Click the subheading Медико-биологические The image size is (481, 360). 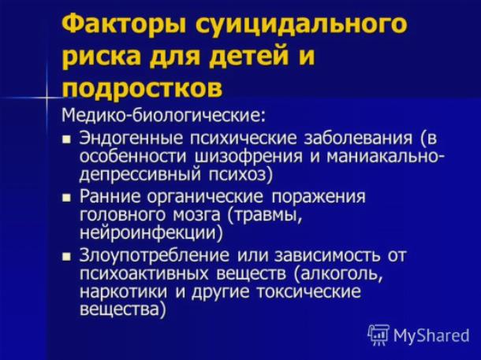164,115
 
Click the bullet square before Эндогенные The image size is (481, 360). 66,140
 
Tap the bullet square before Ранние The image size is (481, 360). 66,198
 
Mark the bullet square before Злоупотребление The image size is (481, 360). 66,256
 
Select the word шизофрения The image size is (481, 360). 249,157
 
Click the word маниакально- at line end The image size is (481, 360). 385,156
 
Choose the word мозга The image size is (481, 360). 196,215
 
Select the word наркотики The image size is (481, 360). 124,291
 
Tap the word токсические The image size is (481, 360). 308,291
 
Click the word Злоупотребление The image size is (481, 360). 155,256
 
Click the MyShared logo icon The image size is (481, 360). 378,335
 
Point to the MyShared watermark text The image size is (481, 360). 431,335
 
